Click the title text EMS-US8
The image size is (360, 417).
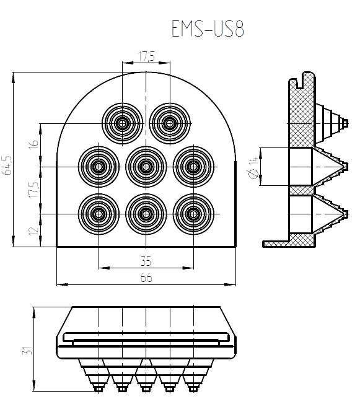[208, 29]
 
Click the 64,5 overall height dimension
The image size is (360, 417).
[7, 165]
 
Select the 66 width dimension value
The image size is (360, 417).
[146, 278]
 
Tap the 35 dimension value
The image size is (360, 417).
[146, 261]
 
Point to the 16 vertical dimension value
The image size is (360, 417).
[34, 144]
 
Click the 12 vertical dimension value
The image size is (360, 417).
[34, 231]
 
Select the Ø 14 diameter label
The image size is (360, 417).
[253, 167]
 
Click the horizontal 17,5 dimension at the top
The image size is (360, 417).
[146, 56]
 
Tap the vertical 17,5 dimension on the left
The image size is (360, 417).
[34, 190]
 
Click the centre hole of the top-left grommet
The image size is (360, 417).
[122, 123]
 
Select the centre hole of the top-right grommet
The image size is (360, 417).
[170, 123]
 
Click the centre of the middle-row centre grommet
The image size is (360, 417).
[146, 167]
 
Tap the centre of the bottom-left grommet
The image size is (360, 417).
[99, 214]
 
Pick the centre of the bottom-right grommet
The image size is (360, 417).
[193, 214]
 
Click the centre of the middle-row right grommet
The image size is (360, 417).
[193, 167]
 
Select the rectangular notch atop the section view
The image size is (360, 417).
[301, 82]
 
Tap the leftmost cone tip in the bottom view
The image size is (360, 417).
[99, 389]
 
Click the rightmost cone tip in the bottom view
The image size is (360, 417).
[193, 389]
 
